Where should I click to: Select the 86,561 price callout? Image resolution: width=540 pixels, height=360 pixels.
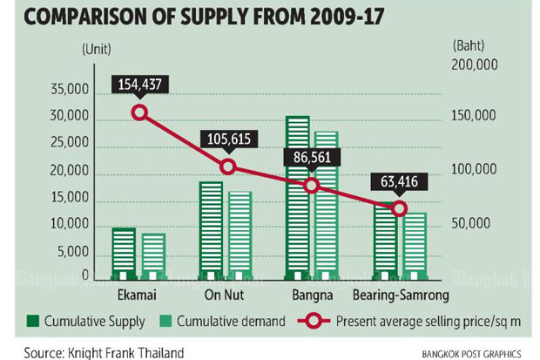click(x=312, y=158)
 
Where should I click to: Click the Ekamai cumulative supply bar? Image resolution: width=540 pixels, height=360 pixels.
click(x=125, y=253)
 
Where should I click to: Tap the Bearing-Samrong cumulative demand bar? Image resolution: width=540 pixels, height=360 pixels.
click(x=414, y=245)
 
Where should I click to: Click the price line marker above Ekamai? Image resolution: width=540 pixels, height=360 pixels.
click(x=138, y=112)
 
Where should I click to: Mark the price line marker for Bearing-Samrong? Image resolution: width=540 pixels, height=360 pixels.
click(x=399, y=208)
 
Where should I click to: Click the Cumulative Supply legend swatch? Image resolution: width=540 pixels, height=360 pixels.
click(x=35, y=322)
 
